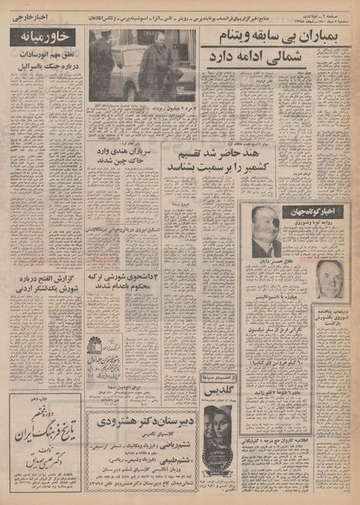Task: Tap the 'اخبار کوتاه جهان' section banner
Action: (x=298, y=210)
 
